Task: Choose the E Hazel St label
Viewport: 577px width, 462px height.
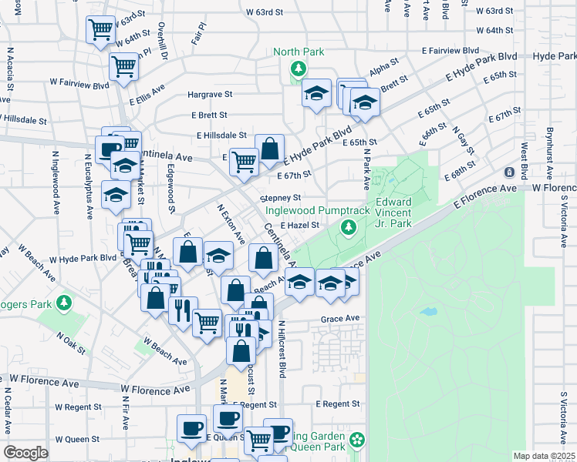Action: pyautogui.click(x=300, y=226)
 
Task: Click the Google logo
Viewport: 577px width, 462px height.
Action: pyautogui.click(x=25, y=453)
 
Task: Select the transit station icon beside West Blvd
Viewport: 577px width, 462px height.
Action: pyautogui.click(x=509, y=172)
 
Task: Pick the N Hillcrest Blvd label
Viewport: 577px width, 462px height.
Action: pyautogui.click(x=282, y=348)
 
